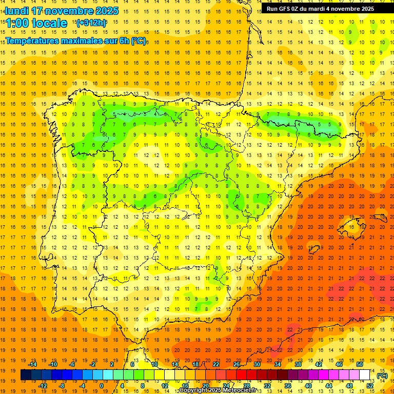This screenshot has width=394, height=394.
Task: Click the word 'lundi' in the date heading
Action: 16,11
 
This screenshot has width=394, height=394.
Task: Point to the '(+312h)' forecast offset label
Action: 91,23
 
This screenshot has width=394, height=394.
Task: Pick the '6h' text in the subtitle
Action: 123,41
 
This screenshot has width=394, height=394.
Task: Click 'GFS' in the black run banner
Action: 286,9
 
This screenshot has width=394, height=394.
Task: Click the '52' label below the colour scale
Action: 370,386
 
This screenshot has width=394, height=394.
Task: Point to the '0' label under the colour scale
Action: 102,386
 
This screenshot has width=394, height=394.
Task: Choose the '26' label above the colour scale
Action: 237,364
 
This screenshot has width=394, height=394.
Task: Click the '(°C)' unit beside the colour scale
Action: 382,376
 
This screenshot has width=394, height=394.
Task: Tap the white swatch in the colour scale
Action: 364,375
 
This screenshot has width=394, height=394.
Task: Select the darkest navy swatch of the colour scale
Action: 26,375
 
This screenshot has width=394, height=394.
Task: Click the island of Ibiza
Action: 314,250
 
